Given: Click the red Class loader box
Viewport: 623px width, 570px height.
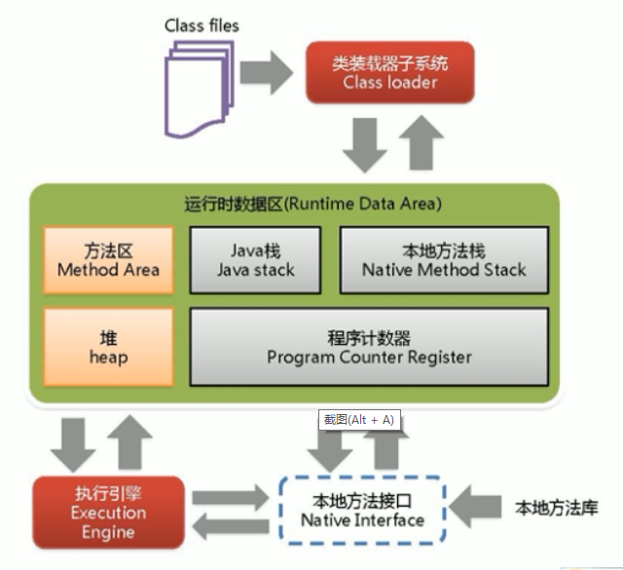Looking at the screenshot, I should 389,73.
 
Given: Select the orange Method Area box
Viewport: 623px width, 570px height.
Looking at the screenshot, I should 108,260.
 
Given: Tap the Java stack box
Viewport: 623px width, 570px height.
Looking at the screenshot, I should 255,260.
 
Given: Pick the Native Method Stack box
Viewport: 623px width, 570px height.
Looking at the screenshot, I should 443,260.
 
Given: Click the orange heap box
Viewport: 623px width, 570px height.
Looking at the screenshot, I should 108,347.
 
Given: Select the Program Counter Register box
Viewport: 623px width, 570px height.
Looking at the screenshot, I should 369,347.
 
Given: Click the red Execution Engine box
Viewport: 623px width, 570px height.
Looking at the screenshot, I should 108,513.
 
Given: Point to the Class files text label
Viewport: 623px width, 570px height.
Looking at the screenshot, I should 202,24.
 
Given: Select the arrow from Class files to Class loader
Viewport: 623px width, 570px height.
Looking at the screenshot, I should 266,70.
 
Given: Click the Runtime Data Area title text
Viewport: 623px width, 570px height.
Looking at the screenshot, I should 312,205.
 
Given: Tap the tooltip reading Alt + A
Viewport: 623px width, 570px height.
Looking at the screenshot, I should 359,419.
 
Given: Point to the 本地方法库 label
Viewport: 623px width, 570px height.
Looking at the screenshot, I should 556,508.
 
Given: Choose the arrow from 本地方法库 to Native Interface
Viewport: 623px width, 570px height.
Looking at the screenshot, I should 478,508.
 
